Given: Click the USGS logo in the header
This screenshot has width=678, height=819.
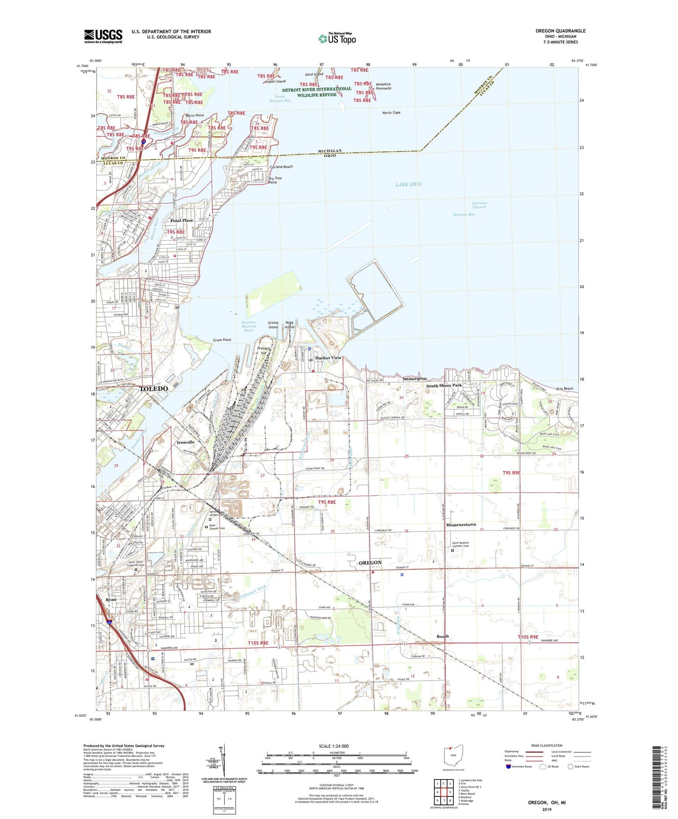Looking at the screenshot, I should [x=103, y=36].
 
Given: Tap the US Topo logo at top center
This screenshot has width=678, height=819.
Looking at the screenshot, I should [x=337, y=38].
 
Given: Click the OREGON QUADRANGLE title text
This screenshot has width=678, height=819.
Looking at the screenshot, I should [x=560, y=31].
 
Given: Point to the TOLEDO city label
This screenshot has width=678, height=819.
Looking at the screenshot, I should [x=154, y=389].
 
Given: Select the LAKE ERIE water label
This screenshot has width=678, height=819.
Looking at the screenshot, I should [x=409, y=184].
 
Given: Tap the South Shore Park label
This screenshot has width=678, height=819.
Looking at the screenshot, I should [x=444, y=386].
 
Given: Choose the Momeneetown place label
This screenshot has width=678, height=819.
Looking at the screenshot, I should [x=461, y=525].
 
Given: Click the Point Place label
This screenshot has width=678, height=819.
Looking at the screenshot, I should [x=182, y=220].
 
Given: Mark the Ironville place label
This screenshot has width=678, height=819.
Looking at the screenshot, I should [x=186, y=442].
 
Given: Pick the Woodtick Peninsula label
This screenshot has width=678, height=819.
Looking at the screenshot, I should [x=383, y=86].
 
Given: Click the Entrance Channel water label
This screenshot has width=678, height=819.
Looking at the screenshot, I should [x=480, y=205].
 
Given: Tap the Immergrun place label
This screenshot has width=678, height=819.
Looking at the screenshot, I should [x=415, y=379].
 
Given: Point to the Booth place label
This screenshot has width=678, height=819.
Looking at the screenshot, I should [x=442, y=637].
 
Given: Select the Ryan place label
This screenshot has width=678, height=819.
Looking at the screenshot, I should [x=111, y=600].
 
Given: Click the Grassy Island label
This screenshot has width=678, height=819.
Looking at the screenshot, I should [x=273, y=325].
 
